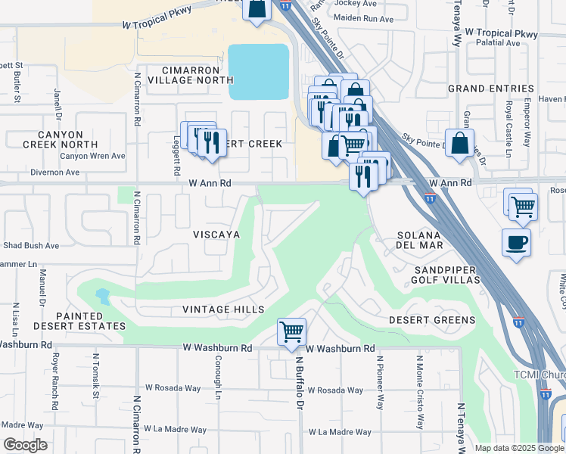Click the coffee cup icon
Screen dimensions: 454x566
516,243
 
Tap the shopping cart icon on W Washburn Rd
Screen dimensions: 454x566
291,331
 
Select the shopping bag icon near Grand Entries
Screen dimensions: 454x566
459,142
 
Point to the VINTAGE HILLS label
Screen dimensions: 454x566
223,309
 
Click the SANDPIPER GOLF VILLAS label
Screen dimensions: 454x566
446,275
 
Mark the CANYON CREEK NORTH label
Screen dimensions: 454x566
60,138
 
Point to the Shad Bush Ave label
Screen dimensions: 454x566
30,246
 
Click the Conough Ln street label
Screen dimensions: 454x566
217,378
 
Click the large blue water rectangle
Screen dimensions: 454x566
259,72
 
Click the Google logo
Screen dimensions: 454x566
26,445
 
